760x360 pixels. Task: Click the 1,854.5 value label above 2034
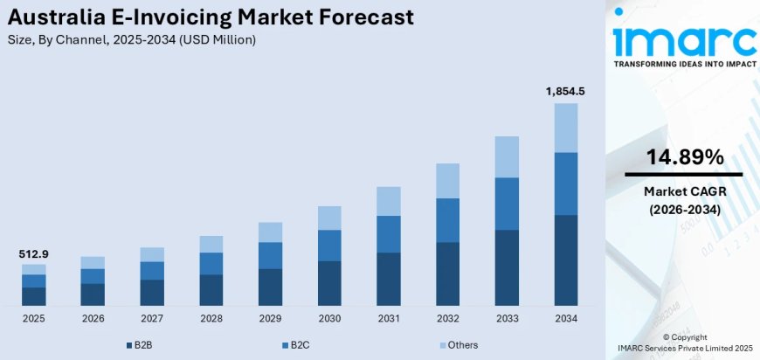coord(566,92)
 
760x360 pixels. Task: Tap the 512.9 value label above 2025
coord(34,253)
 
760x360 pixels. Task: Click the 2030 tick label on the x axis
coord(329,319)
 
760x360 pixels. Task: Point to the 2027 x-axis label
coord(152,319)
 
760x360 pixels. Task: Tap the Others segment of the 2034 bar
coord(566,128)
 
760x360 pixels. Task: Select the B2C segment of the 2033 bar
coord(507,204)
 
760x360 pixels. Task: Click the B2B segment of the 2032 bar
coord(447,273)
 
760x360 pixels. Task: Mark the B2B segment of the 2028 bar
coord(211,290)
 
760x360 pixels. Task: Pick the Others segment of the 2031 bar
coord(389,201)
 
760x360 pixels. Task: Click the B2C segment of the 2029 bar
coord(270,255)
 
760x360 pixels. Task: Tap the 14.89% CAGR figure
coord(684,157)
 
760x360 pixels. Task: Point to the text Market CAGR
coord(684,191)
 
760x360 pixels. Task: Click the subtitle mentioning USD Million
coord(132,40)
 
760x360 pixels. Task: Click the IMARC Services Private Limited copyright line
coord(684,349)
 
